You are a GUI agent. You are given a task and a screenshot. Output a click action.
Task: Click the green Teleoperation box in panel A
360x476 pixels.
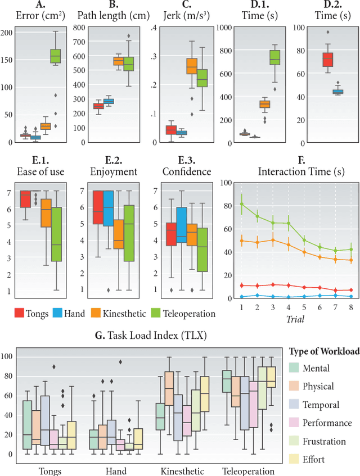pos(56,56)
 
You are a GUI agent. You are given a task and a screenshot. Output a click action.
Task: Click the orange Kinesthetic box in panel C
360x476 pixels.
pos(192,66)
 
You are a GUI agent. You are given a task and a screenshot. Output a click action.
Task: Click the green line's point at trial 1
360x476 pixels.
pos(242,204)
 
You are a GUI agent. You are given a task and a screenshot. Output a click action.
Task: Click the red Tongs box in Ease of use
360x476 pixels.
pos(25,199)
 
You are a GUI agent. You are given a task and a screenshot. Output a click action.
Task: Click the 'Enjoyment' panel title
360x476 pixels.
pos(112,171)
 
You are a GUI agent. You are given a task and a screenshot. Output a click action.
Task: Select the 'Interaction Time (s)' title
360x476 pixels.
pos(292,171)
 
